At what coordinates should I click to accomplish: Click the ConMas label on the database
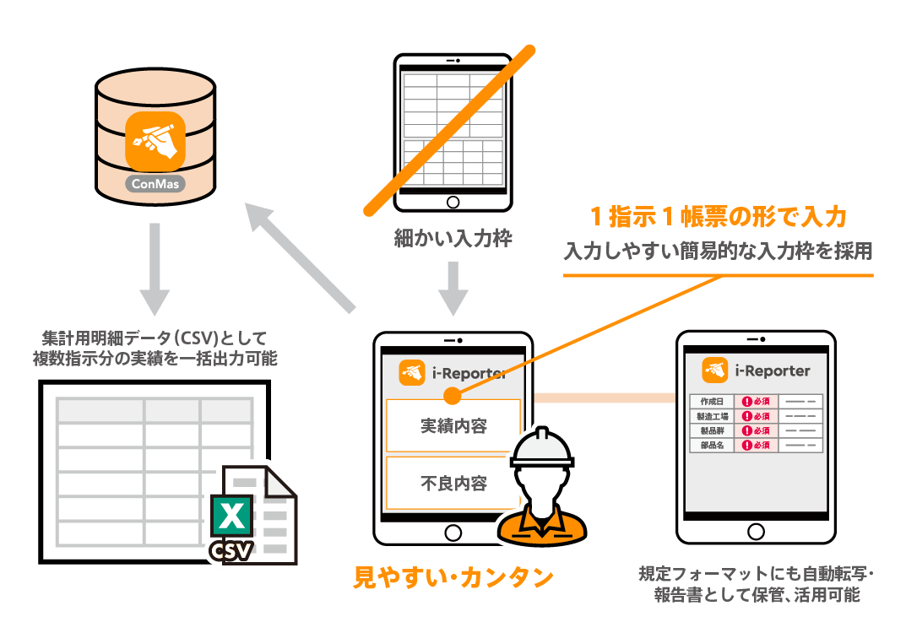point(155,182)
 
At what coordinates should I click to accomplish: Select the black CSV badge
point(231,550)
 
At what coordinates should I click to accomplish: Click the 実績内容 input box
point(453,425)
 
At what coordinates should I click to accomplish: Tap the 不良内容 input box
point(453,484)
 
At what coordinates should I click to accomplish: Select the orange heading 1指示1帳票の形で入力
point(717,217)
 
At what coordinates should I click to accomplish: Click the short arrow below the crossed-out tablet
point(453,287)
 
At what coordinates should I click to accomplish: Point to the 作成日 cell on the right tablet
point(712,402)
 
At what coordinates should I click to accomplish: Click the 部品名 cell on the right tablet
point(712,445)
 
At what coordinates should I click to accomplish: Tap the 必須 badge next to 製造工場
point(756,416)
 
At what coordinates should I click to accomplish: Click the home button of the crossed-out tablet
point(453,202)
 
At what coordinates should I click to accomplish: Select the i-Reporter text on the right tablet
point(773,370)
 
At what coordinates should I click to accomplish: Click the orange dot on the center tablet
point(452,395)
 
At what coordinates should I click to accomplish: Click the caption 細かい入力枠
point(453,239)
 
